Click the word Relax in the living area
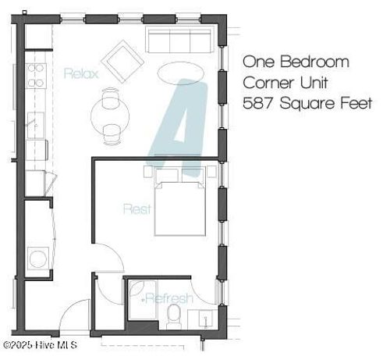point(80,73)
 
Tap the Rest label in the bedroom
point(136,209)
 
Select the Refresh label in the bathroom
point(168,299)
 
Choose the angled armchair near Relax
point(121,61)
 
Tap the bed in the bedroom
point(180,205)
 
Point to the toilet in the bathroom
point(175,316)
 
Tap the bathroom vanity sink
point(204,318)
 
